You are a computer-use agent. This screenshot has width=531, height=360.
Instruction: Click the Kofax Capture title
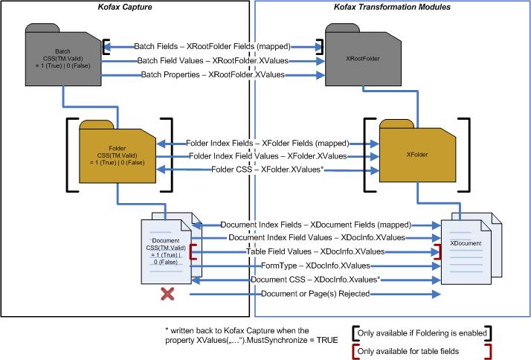126,7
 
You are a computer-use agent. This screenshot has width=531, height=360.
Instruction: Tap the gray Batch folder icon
62,59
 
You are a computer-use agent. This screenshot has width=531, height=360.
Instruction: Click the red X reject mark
168,295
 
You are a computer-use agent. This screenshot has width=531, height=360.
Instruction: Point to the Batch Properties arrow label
213,74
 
